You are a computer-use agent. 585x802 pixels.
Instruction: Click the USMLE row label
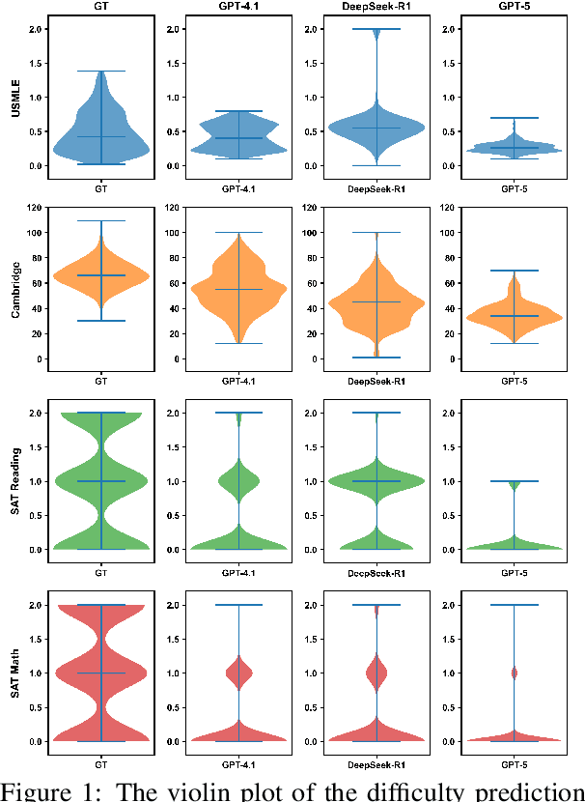pos(15,97)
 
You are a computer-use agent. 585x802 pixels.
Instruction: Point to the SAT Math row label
pos(15,673)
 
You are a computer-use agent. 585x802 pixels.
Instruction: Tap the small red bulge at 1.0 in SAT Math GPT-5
pos(514,673)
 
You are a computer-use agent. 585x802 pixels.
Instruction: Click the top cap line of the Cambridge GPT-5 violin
pos(514,271)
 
